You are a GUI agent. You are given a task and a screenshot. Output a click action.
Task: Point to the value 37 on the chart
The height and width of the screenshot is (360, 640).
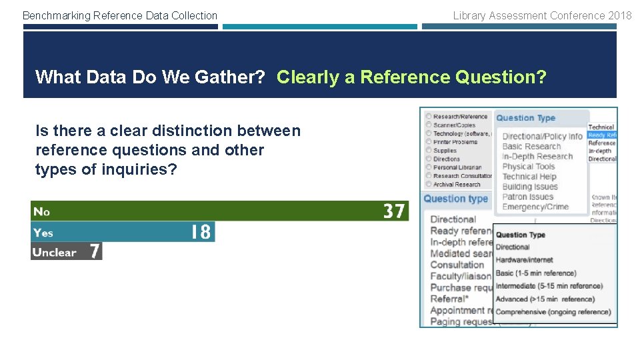[394, 211]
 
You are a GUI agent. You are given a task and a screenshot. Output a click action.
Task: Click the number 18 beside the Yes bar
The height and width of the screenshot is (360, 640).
[201, 232]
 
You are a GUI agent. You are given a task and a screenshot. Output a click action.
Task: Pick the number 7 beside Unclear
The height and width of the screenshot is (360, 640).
[95, 252]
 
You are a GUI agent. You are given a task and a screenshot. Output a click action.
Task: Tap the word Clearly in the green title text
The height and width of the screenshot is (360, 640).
[308, 77]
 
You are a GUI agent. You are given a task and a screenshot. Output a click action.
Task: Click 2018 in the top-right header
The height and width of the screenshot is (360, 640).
[620, 15]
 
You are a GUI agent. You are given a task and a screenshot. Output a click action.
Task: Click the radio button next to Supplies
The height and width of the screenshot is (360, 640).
[428, 151]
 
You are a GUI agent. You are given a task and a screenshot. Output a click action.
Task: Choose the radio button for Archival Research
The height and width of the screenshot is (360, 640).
[428, 185]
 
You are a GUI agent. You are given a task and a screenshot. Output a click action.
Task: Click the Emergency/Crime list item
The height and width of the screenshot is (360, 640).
[535, 207]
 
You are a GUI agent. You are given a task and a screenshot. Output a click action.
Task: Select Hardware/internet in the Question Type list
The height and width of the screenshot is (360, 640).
[525, 260]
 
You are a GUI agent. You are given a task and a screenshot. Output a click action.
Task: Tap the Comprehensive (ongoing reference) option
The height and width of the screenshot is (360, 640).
[553, 311]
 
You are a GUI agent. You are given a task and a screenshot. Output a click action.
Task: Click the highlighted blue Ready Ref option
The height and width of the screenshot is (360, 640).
[602, 135]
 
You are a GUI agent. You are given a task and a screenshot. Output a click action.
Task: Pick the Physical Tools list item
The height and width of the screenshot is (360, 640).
[529, 167]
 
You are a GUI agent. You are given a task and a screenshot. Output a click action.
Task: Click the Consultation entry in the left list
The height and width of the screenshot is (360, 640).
[457, 265]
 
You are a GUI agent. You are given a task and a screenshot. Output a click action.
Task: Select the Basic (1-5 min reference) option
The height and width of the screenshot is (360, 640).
[536, 273]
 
